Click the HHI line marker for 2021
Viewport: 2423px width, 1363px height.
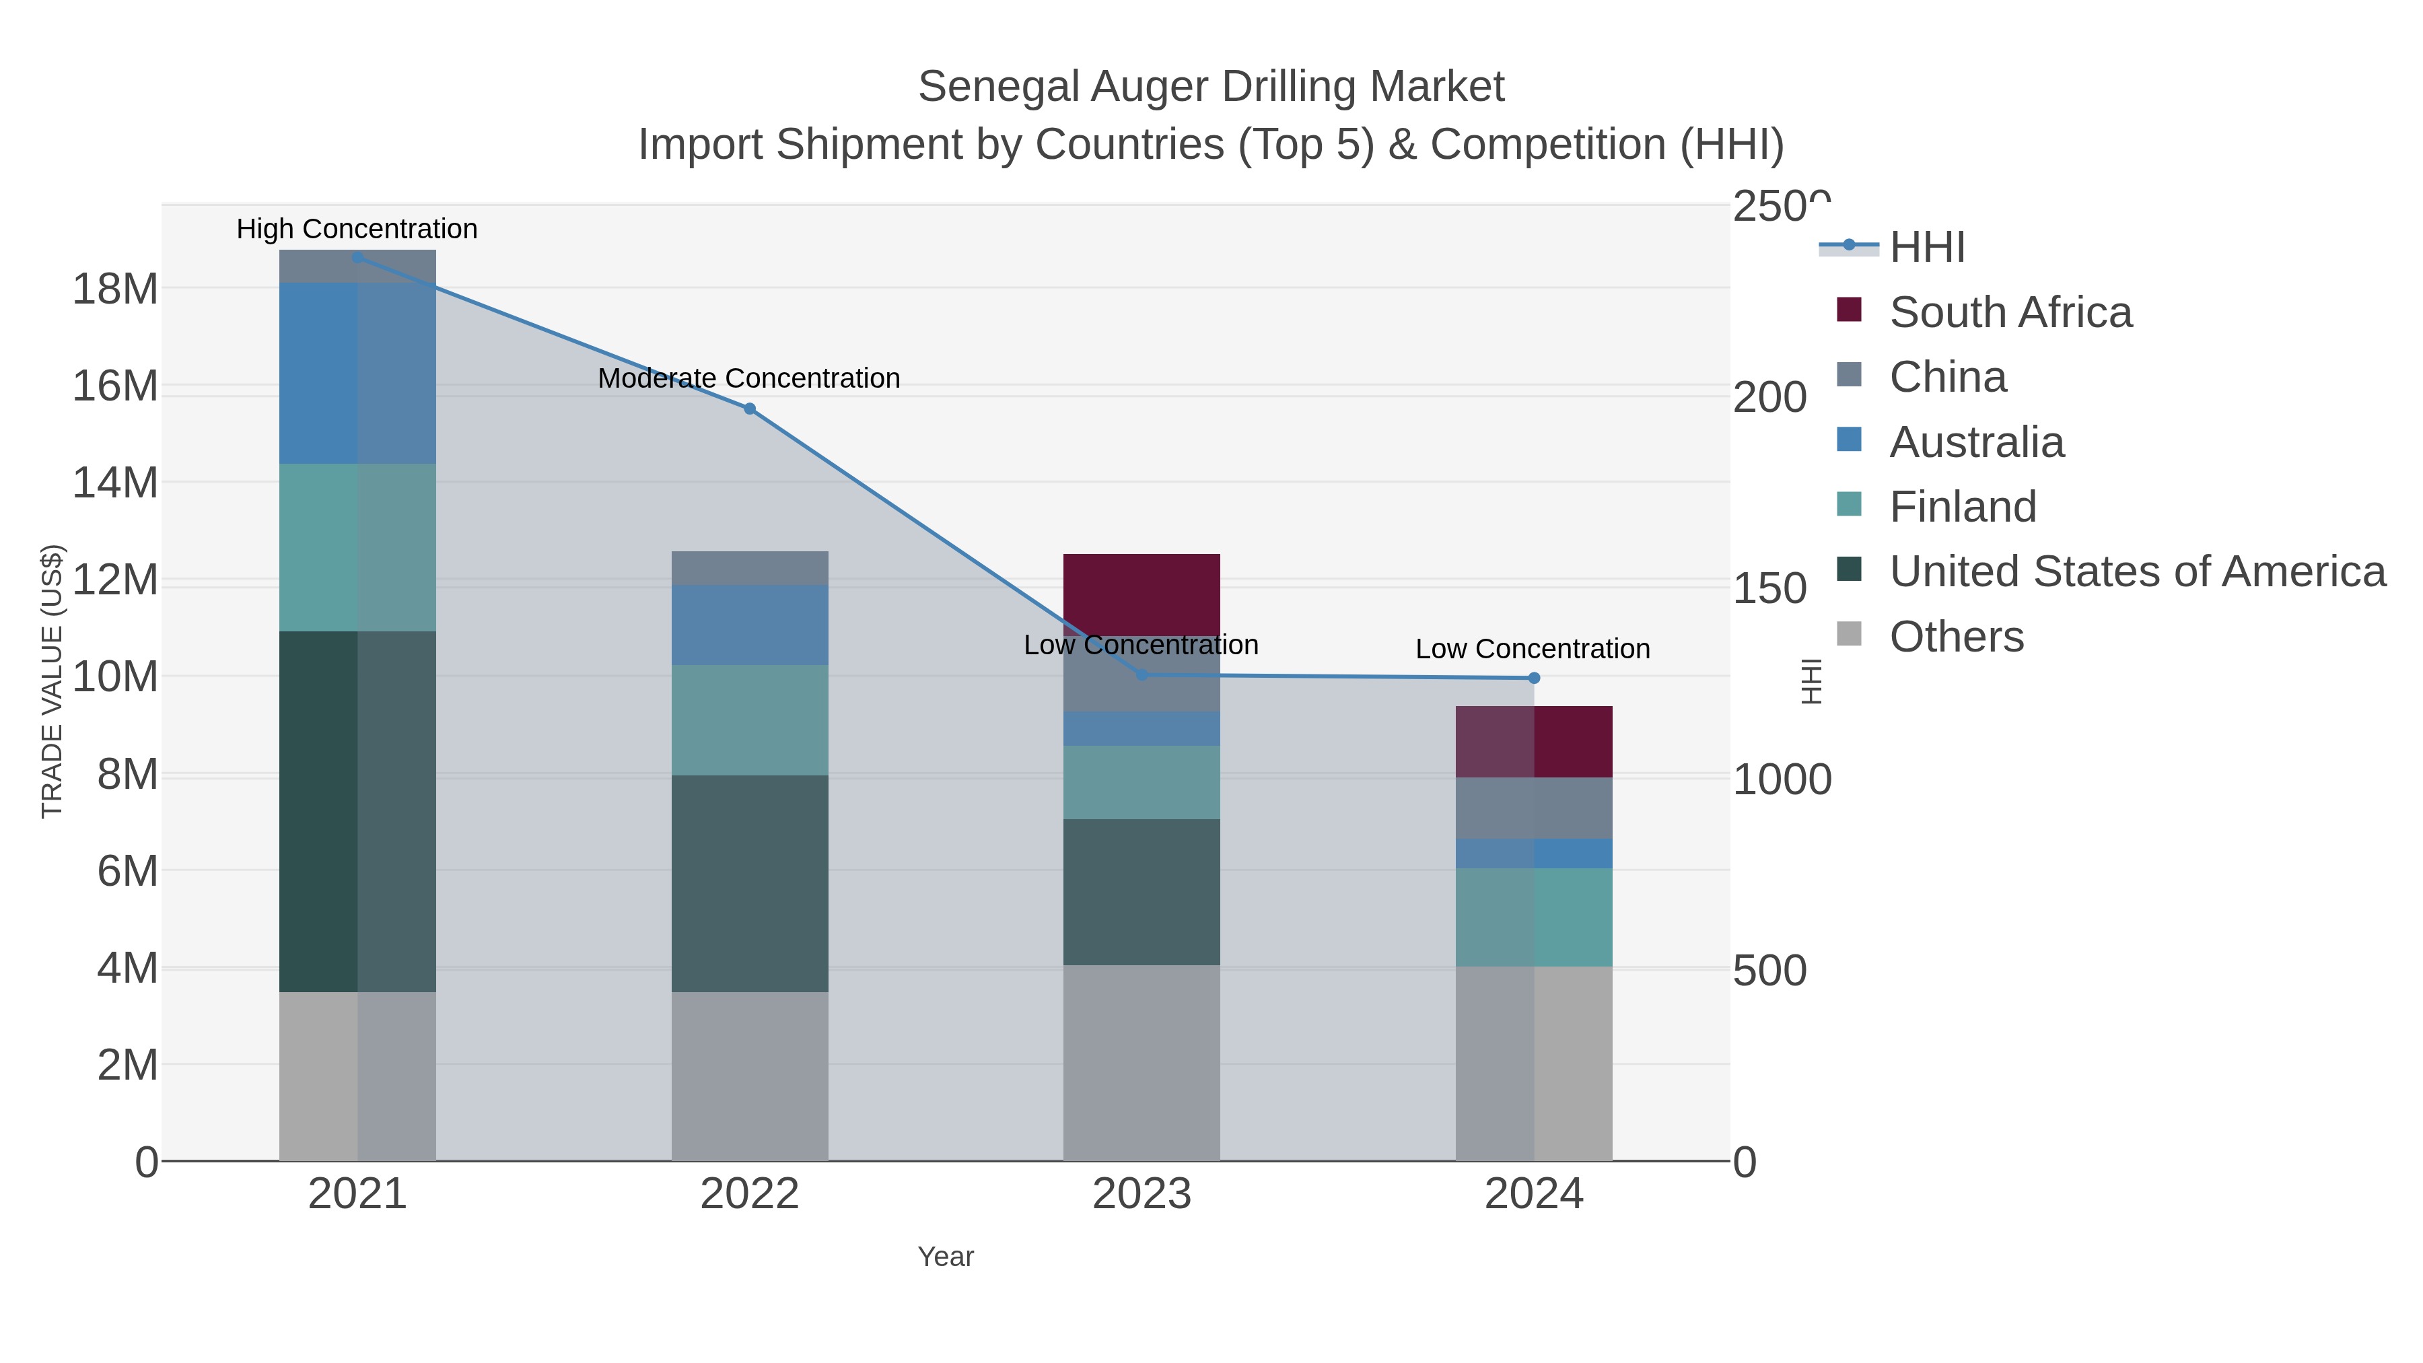tap(357, 257)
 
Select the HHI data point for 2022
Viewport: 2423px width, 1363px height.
tap(750, 409)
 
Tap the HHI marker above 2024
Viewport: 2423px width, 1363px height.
tap(1534, 677)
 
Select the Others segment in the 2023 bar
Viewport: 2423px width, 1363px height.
tap(1141, 1063)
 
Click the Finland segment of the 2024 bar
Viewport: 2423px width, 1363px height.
tap(1534, 917)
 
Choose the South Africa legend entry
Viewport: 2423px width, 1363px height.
tap(2009, 312)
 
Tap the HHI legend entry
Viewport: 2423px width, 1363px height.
tap(1926, 248)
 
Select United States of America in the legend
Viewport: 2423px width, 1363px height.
tap(2136, 572)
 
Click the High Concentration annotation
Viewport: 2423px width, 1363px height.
tap(357, 229)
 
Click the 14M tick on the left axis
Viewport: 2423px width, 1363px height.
tap(114, 483)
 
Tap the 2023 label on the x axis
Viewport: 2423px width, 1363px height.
tap(1141, 1193)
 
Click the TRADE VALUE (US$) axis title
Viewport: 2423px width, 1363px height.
tap(52, 681)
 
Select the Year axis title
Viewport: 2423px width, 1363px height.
tap(946, 1257)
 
